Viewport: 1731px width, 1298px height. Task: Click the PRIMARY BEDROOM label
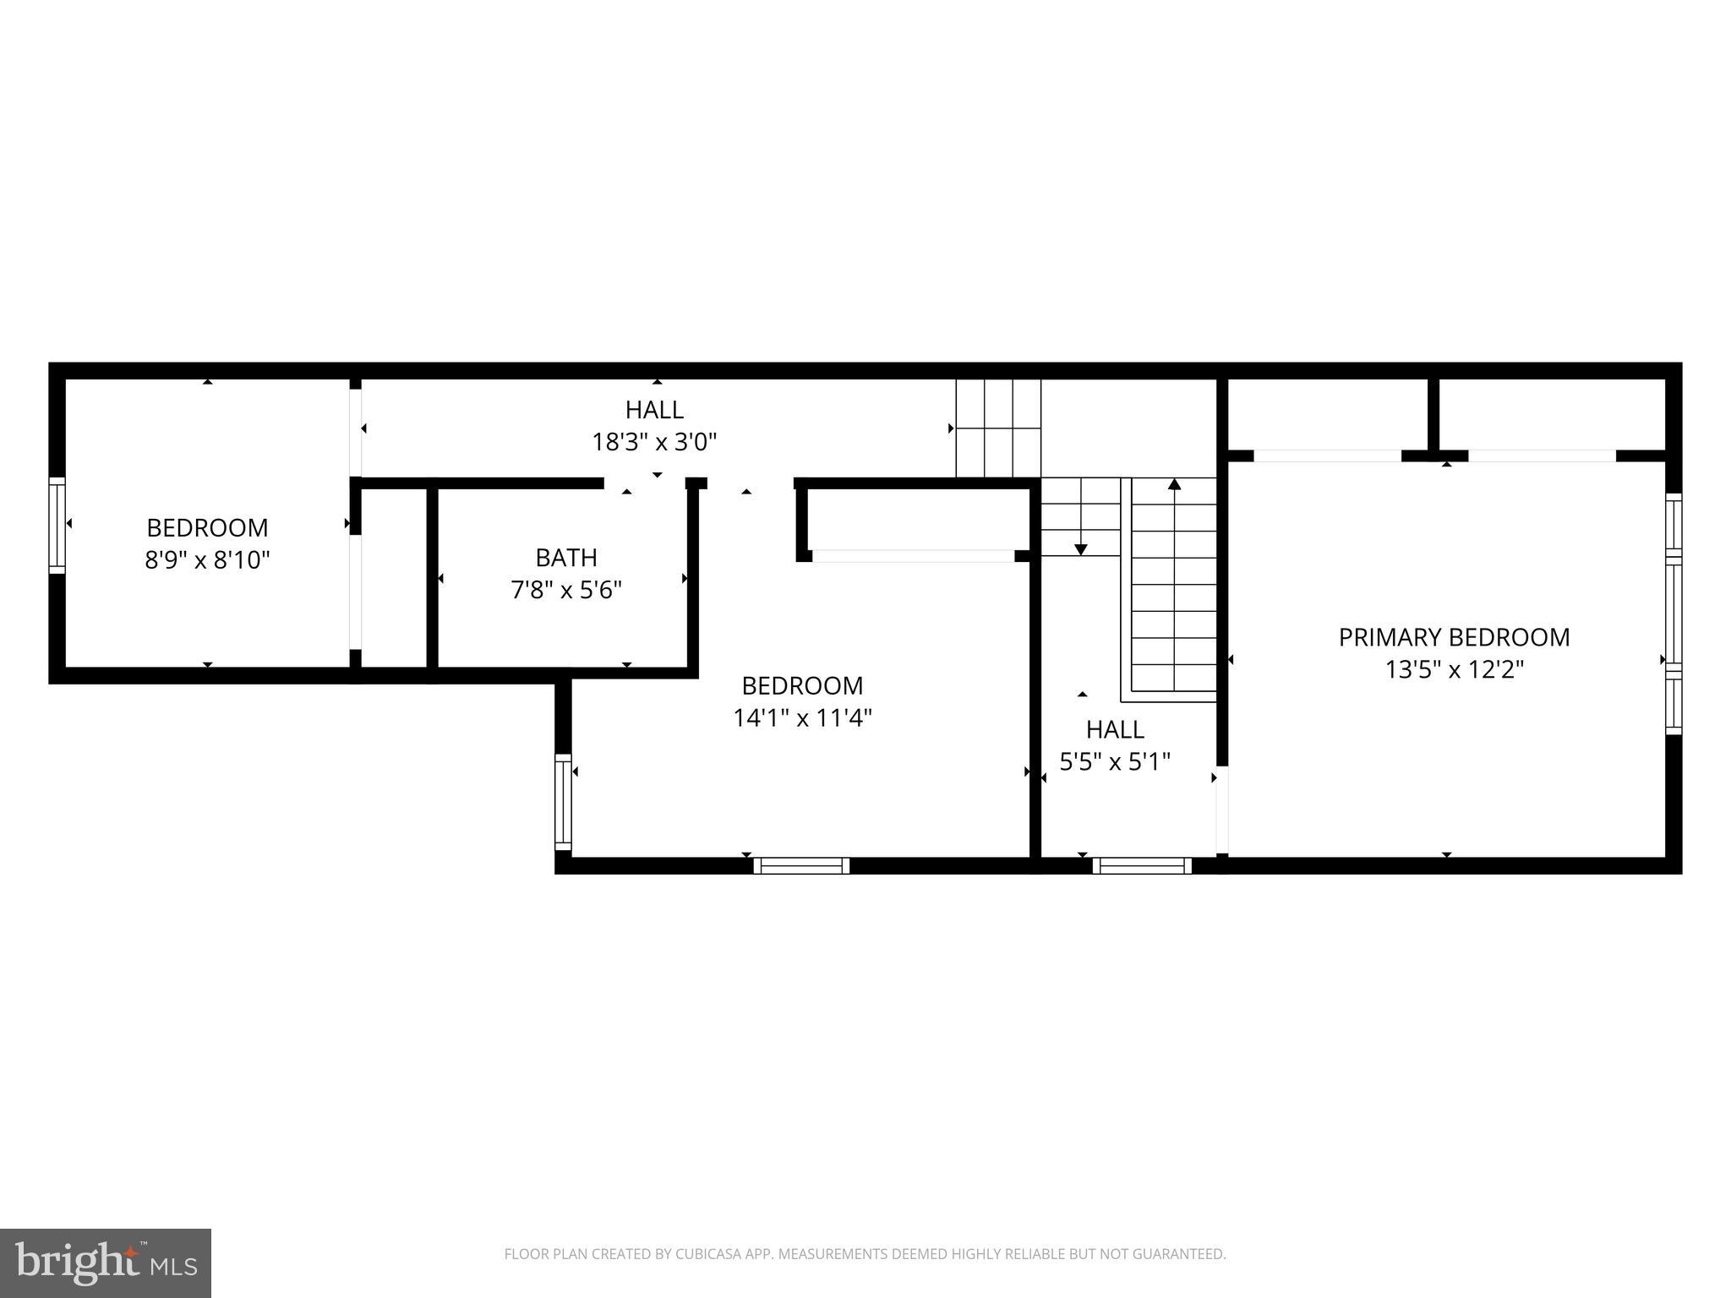(x=1454, y=637)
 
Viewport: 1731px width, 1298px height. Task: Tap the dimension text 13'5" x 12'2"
(x=1454, y=670)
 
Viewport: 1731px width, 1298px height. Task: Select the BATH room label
(x=566, y=558)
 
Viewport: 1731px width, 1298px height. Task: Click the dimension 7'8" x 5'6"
(x=566, y=590)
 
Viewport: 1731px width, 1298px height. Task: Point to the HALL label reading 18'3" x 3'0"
(x=654, y=410)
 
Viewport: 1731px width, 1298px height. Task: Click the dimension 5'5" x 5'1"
(x=1115, y=762)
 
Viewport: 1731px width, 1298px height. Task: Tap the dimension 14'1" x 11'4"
(x=802, y=718)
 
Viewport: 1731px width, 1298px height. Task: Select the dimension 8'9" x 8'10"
(x=207, y=560)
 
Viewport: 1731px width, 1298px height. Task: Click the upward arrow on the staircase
(x=1174, y=485)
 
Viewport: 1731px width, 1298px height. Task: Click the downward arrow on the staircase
(x=1080, y=549)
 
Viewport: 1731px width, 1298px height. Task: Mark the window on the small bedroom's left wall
(x=57, y=525)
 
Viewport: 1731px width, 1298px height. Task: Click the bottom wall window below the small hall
(x=1142, y=865)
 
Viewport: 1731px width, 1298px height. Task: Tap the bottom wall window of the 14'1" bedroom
(x=801, y=865)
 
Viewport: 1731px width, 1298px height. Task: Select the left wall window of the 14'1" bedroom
(x=563, y=801)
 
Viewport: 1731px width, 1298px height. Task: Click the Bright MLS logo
(x=106, y=1263)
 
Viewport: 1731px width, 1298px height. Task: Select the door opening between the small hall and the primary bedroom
(x=1221, y=810)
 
